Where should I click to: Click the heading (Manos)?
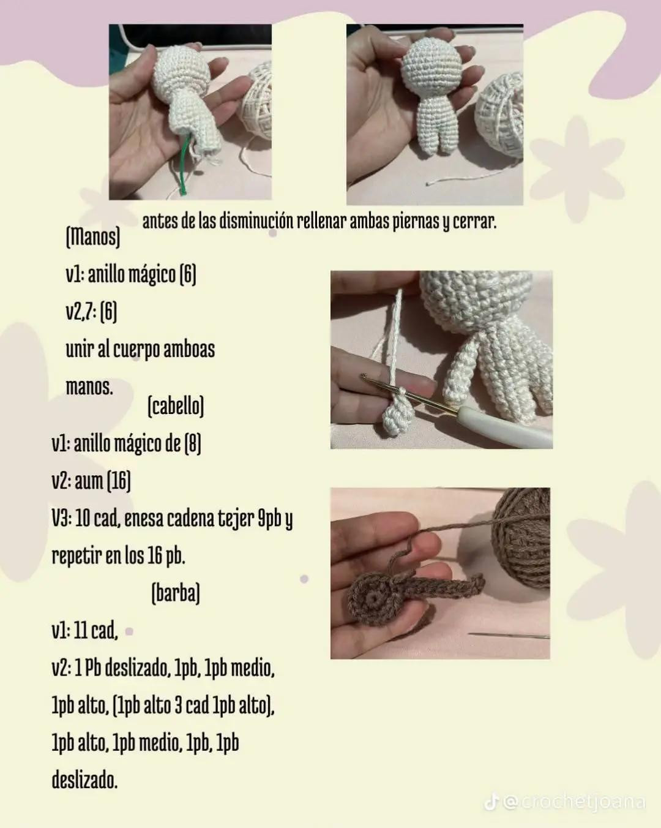click(92, 236)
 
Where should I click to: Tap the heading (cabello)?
click(176, 405)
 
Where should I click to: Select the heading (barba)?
click(176, 593)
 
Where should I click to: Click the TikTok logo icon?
click(491, 802)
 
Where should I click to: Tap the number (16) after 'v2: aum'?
click(119, 481)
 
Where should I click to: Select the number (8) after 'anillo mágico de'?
click(193, 443)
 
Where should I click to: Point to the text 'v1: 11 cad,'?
click(84, 630)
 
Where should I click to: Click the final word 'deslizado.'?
click(84, 781)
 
